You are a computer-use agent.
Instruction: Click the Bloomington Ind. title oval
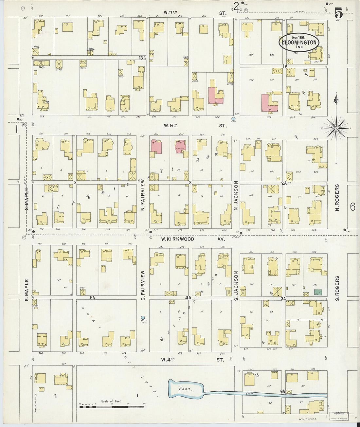(x=299, y=43)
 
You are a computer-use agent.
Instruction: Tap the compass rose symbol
(x=336, y=128)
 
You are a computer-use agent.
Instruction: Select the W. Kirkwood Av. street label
(x=193, y=239)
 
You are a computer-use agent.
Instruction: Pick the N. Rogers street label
(x=337, y=197)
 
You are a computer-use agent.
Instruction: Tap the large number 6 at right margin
(x=352, y=207)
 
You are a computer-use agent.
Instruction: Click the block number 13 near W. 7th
(x=141, y=58)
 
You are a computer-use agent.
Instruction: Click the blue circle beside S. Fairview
(x=143, y=317)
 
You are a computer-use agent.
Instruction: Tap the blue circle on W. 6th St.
(x=233, y=119)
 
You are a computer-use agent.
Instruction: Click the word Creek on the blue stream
(x=250, y=393)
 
